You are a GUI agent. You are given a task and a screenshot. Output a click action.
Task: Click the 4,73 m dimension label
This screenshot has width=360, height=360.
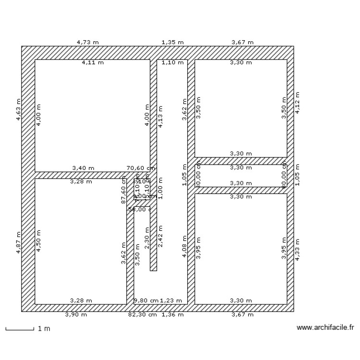[x=88, y=42]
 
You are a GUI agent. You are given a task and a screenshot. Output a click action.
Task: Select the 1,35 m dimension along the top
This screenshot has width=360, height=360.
[x=172, y=42]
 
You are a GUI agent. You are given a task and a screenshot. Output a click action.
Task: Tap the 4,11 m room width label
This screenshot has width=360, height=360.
[x=92, y=62]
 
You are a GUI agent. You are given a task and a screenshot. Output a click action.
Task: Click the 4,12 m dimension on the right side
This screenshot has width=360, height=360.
[x=298, y=103]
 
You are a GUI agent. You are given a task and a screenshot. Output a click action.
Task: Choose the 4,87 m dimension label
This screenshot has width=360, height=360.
[x=18, y=244]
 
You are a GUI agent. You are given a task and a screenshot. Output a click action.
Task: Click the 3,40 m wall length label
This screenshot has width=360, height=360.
[x=83, y=168]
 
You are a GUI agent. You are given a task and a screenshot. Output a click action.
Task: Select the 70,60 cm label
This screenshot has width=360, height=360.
[x=141, y=168]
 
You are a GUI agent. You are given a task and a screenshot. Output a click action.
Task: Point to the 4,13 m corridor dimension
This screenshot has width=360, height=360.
[x=160, y=116]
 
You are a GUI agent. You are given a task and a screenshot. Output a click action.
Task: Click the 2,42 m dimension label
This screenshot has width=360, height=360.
[x=160, y=236]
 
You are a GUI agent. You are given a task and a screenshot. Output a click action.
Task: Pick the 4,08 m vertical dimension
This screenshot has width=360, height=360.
[x=184, y=246]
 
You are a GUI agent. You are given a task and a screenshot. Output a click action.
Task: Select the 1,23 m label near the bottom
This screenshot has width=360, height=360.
[x=171, y=301]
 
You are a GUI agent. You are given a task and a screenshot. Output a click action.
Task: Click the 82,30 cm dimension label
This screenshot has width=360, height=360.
[x=142, y=315]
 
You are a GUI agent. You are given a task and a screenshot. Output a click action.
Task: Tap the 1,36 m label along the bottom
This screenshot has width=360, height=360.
[x=172, y=315]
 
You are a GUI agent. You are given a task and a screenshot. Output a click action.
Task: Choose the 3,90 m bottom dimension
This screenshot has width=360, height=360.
[x=76, y=315]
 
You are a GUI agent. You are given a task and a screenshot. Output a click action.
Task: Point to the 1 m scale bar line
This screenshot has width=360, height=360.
[x=20, y=329]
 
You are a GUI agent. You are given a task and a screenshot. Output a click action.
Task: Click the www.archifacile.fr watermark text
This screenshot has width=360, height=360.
[x=325, y=328]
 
